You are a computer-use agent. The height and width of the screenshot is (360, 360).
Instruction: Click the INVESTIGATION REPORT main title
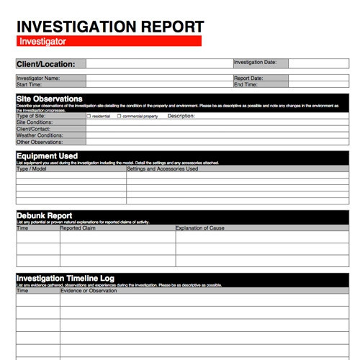[110, 26]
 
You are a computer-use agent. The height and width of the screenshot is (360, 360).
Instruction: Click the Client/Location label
[45, 64]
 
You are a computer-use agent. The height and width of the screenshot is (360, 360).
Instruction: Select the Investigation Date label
[256, 63]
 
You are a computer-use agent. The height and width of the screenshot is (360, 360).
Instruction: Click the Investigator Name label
[38, 78]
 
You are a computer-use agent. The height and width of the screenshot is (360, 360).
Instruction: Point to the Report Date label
[248, 78]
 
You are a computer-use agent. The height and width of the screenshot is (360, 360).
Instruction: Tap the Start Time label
[30, 84]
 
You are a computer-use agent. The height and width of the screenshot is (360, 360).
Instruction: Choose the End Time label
[246, 84]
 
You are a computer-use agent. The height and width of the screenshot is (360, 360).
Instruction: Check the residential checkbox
[89, 116]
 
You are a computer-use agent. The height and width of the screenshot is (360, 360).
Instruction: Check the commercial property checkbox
[120, 116]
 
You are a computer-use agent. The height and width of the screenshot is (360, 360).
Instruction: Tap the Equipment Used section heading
[47, 156]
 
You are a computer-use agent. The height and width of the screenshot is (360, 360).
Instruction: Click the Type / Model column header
[32, 169]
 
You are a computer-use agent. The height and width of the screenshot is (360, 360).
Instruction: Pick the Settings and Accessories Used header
[162, 169]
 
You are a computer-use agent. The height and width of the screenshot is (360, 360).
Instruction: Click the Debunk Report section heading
[44, 215]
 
